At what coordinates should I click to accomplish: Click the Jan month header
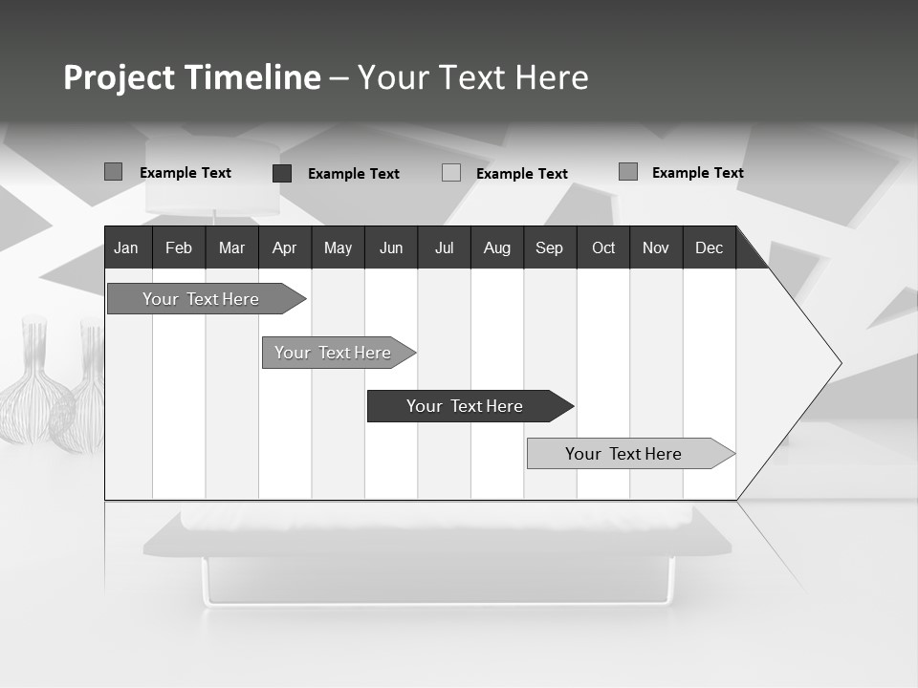click(126, 247)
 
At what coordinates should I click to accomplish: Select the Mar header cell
click(231, 247)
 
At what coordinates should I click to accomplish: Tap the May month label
click(338, 247)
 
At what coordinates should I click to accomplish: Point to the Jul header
click(444, 247)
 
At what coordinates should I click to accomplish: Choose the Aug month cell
click(496, 247)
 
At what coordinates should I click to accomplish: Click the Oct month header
click(603, 247)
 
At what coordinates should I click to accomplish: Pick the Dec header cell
click(709, 247)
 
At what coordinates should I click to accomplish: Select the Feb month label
click(179, 247)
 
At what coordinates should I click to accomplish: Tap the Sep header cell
click(549, 247)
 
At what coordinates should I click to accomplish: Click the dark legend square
click(282, 173)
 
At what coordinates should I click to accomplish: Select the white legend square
click(451, 173)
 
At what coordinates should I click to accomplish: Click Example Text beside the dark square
click(354, 174)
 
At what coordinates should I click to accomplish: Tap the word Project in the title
click(119, 77)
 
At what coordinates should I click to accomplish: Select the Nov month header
click(656, 247)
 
